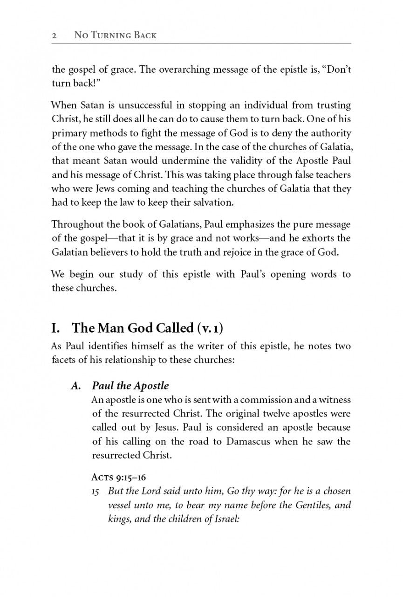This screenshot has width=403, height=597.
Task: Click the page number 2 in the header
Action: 54,35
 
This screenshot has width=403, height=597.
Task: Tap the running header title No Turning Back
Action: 115,35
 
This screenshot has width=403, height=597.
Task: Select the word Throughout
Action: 75,224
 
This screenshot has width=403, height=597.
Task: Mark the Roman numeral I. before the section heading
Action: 56,328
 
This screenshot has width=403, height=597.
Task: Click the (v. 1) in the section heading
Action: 210,328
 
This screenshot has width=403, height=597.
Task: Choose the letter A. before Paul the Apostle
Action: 76,386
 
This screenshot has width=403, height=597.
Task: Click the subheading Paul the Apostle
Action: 130,386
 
